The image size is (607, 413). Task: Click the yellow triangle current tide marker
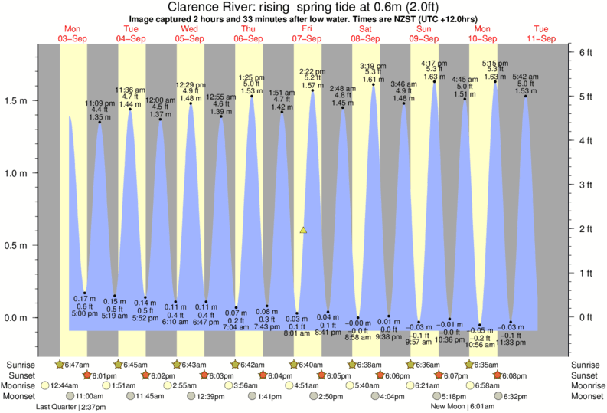click(304, 230)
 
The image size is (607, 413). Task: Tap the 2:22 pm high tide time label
click(312, 71)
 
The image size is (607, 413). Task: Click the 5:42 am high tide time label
click(525, 77)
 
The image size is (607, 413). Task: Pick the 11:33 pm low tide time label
click(511, 343)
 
